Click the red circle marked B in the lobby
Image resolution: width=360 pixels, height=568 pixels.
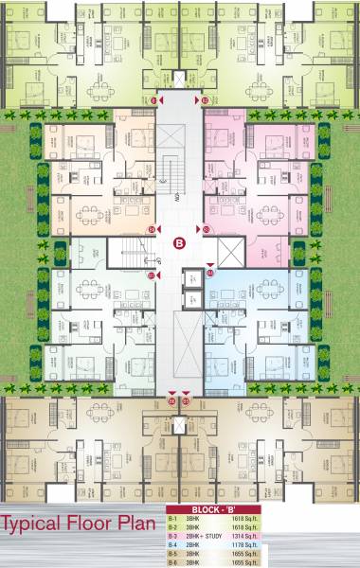[x=179, y=242]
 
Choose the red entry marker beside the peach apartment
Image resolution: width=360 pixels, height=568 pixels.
[x=151, y=229]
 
